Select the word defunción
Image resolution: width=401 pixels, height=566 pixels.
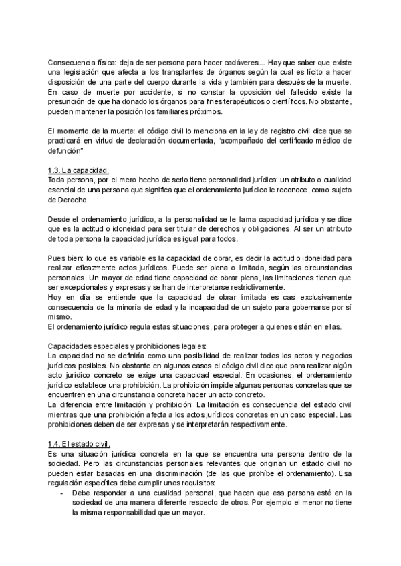65,151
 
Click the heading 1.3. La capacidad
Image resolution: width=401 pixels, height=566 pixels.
76,170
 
